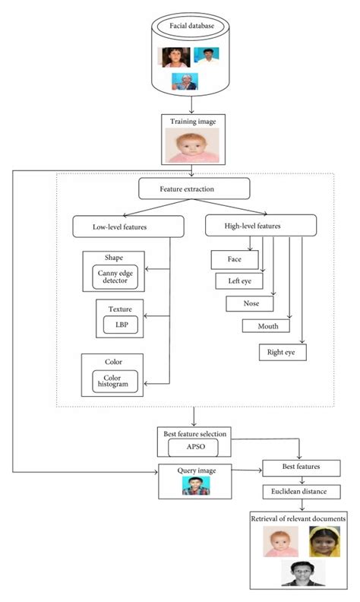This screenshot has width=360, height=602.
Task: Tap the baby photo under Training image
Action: pyautogui.click(x=192, y=144)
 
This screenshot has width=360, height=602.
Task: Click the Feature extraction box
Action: pyautogui.click(x=194, y=188)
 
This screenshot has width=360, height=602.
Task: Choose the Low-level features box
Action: pyautogui.click(x=128, y=226)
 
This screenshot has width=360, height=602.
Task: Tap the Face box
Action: pyautogui.click(x=234, y=259)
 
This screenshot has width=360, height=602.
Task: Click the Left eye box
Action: pyautogui.click(x=239, y=281)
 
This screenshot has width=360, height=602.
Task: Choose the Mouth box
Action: pyautogui.click(x=266, y=326)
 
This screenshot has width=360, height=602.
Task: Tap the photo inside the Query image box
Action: pyautogui.click(x=194, y=485)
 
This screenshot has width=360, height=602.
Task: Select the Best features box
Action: pyautogui.click(x=302, y=467)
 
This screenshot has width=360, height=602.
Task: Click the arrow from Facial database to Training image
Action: pyautogui.click(x=193, y=103)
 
